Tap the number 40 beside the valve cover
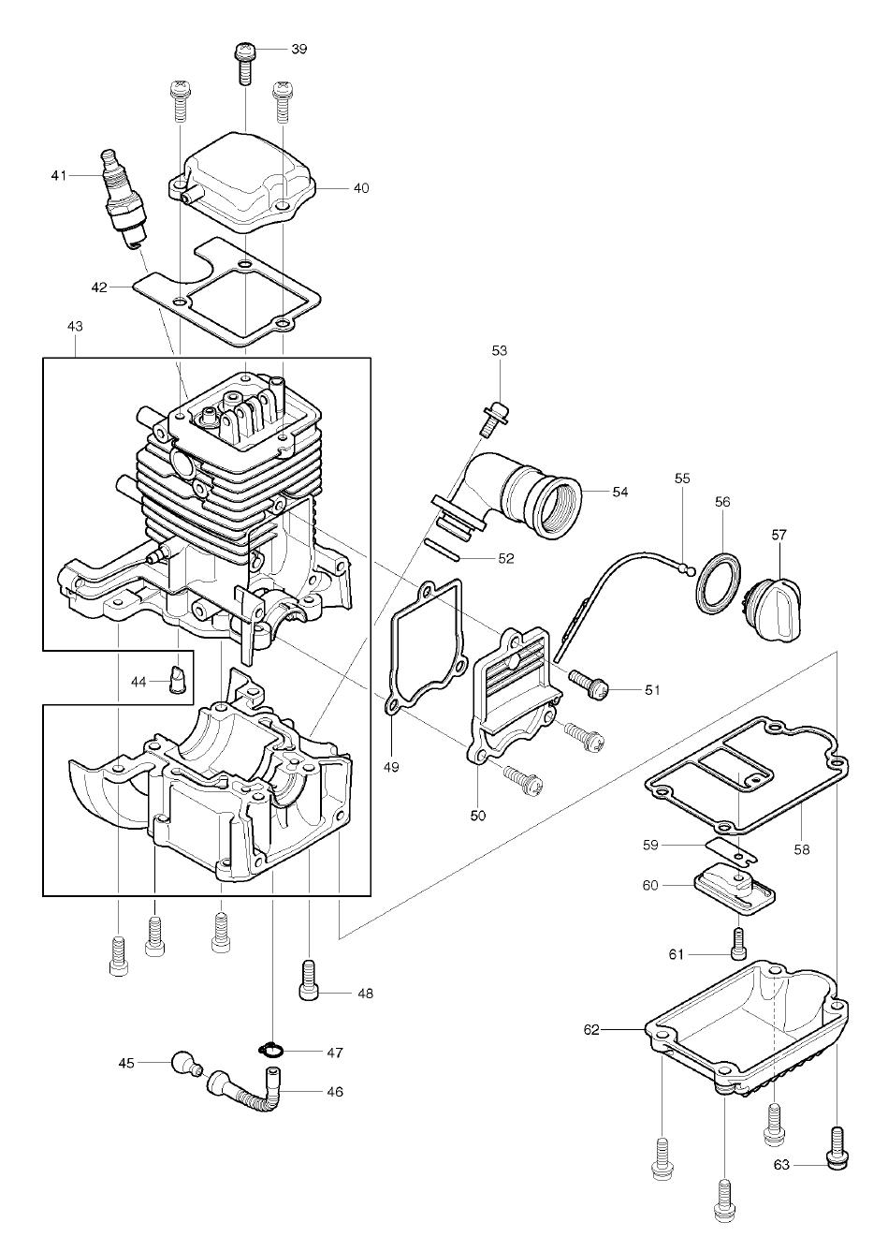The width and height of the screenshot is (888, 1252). pyautogui.click(x=360, y=188)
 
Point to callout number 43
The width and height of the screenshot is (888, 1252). pyautogui.click(x=75, y=327)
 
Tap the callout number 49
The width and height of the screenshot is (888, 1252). pyautogui.click(x=391, y=767)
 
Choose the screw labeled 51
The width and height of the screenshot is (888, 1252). pyautogui.click(x=589, y=685)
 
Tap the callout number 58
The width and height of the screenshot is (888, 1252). pyautogui.click(x=802, y=849)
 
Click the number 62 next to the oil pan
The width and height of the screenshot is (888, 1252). pyautogui.click(x=591, y=1030)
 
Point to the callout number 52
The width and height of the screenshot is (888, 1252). pyautogui.click(x=505, y=558)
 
